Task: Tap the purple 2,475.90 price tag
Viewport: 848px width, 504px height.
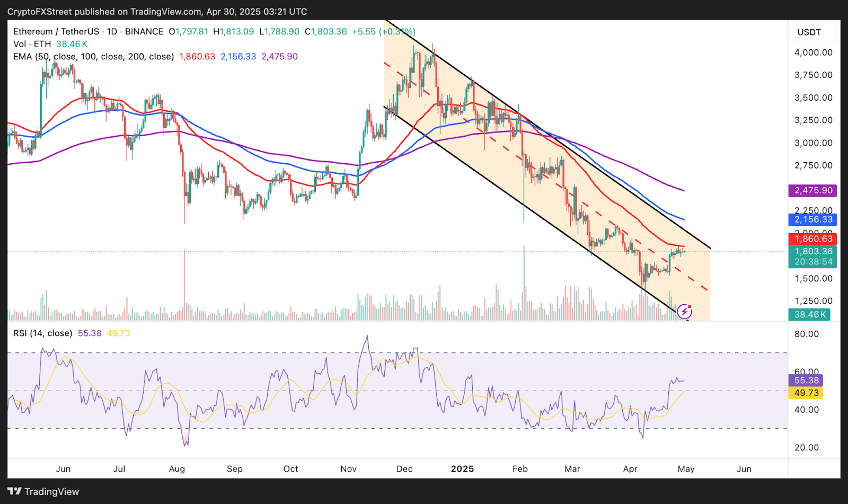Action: (x=814, y=190)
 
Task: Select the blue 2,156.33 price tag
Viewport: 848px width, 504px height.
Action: (x=814, y=219)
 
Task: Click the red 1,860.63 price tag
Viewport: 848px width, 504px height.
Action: (x=814, y=239)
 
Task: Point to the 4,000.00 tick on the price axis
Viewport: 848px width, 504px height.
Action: (x=814, y=52)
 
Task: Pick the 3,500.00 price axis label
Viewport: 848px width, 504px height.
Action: (x=814, y=98)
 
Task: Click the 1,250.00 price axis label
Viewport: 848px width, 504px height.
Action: (x=814, y=301)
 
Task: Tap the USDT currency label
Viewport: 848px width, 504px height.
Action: (x=809, y=32)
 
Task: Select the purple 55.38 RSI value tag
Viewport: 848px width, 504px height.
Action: (x=806, y=381)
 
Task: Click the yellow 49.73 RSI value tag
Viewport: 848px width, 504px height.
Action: (x=806, y=393)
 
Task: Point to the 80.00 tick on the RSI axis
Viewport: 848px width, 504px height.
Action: (x=807, y=334)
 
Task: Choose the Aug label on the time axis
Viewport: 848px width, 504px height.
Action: (x=177, y=469)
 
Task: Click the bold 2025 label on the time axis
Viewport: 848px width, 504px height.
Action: (x=462, y=469)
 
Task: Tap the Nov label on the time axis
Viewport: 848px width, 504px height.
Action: (x=348, y=469)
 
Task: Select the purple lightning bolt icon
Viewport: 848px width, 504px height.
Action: (x=684, y=311)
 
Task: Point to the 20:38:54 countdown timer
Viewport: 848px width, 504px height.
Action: (x=814, y=262)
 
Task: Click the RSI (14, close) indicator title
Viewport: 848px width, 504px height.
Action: (x=42, y=333)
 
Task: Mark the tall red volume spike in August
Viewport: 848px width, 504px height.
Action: (x=184, y=286)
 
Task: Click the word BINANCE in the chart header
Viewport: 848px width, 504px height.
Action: (x=144, y=32)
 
